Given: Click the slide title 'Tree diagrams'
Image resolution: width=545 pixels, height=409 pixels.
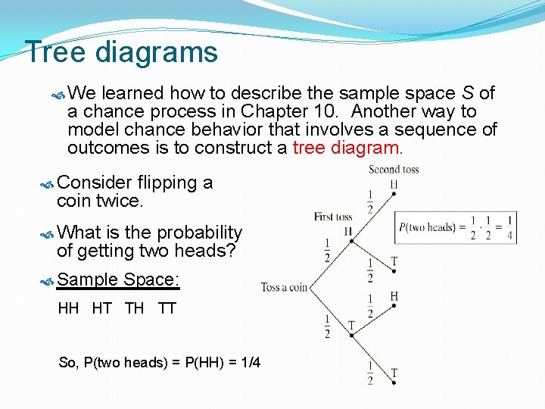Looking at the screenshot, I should coord(121,52).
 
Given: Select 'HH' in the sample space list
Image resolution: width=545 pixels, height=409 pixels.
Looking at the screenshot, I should coord(68,308).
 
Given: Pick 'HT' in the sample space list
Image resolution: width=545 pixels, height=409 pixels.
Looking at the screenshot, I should coord(101,308).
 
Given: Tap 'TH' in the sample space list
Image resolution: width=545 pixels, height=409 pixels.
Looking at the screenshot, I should coord(134,308).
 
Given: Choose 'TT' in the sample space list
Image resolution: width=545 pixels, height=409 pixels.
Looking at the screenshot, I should coord(167,308).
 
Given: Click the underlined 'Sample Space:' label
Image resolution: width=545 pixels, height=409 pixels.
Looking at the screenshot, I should coord(118,279).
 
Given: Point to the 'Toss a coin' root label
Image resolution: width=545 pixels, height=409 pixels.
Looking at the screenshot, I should coord(284,287).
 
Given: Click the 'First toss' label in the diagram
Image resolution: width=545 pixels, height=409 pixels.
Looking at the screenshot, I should coord(334,217).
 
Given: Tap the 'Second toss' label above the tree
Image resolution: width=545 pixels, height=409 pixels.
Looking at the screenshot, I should coord(394,170).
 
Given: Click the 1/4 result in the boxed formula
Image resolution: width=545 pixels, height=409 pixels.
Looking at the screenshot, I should coord(509,228).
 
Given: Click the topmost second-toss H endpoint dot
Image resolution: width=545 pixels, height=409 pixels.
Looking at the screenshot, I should coord(394,194).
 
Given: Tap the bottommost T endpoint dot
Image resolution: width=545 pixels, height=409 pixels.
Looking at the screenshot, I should coord(394,383).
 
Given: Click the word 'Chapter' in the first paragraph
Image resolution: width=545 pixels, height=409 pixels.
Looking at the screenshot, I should coord(275,111).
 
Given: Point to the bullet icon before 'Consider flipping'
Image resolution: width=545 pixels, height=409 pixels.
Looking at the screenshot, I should coord(46,183).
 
